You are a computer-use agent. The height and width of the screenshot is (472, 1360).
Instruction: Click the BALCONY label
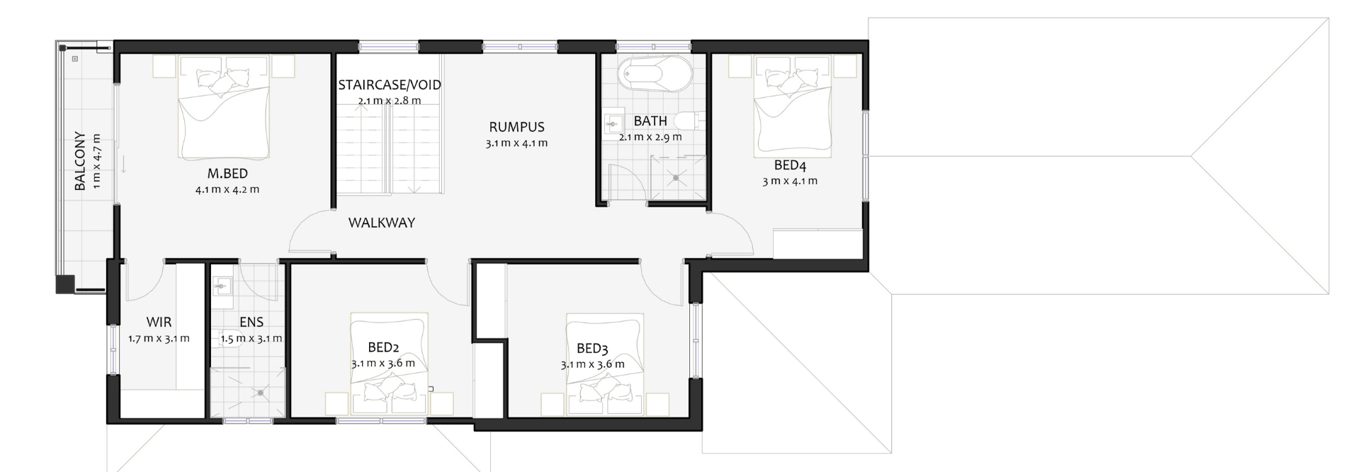pos(80,161)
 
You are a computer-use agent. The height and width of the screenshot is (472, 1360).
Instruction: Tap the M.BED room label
pos(227,174)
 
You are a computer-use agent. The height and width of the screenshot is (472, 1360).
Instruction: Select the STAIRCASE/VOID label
pos(390,85)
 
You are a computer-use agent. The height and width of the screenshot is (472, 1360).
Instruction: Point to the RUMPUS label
pos(516,128)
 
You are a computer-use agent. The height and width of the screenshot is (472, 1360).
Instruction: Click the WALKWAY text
pos(382,223)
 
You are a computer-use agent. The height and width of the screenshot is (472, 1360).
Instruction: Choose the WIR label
pos(159,322)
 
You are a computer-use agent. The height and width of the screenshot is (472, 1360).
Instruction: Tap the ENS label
pos(251,322)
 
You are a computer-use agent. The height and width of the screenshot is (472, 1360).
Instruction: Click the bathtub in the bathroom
pos(654,74)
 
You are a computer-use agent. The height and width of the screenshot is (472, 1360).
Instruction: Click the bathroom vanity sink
pos(611,125)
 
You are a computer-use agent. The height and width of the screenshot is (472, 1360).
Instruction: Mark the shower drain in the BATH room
pos(676,178)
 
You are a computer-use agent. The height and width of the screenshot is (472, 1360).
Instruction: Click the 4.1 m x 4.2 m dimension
pos(227,190)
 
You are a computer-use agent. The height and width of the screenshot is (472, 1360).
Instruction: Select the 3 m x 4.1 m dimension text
pos(790,181)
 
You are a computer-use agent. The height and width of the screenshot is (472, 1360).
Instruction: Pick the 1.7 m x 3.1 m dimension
pos(159,339)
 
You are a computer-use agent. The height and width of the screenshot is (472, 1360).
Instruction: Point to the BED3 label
pos(592,349)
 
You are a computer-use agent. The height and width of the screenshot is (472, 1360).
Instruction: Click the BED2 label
pos(383,347)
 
